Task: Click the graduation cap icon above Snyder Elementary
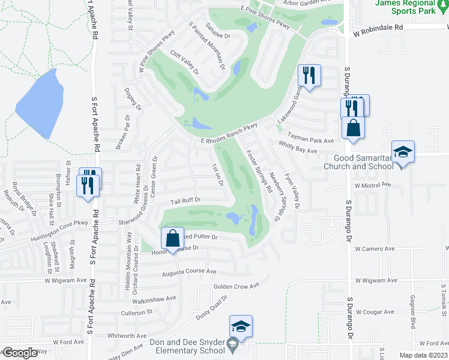coord(241,326)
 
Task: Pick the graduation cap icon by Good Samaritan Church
coord(403,151)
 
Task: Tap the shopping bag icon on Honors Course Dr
coord(172,238)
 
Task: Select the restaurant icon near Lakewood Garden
coord(309,75)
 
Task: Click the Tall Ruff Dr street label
coord(185,200)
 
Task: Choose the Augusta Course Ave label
coord(188,272)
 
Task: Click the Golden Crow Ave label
coord(236,286)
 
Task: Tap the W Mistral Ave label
coord(375,186)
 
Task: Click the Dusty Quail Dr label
coord(215,305)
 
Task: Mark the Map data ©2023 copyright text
coord(424,355)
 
